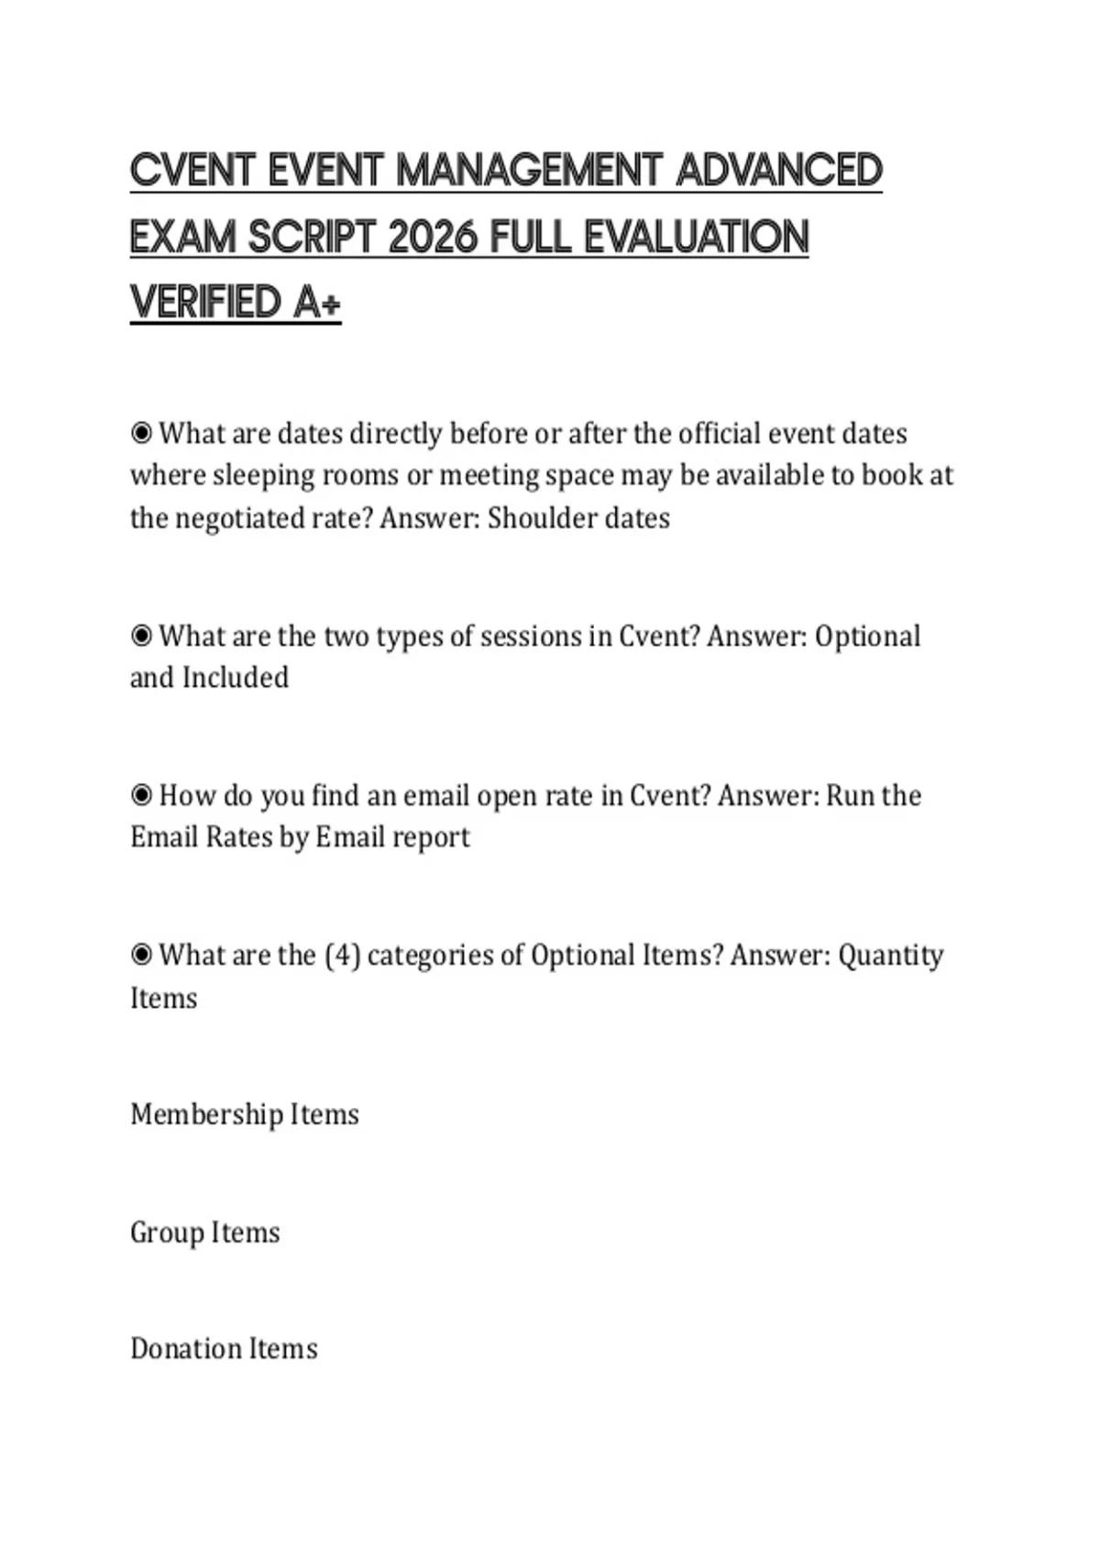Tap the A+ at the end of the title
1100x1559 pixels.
[x=317, y=303]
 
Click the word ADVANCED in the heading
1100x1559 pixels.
[x=778, y=171]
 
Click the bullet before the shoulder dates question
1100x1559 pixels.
[x=141, y=433]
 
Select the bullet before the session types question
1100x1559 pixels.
[x=141, y=636]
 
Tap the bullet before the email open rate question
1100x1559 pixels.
[x=141, y=795]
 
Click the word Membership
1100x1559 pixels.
[x=206, y=1114]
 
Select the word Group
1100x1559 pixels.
[x=167, y=1233]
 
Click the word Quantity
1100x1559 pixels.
[x=891, y=956]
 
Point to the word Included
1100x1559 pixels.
[x=236, y=678]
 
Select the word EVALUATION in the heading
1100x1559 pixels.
[x=696, y=238]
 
